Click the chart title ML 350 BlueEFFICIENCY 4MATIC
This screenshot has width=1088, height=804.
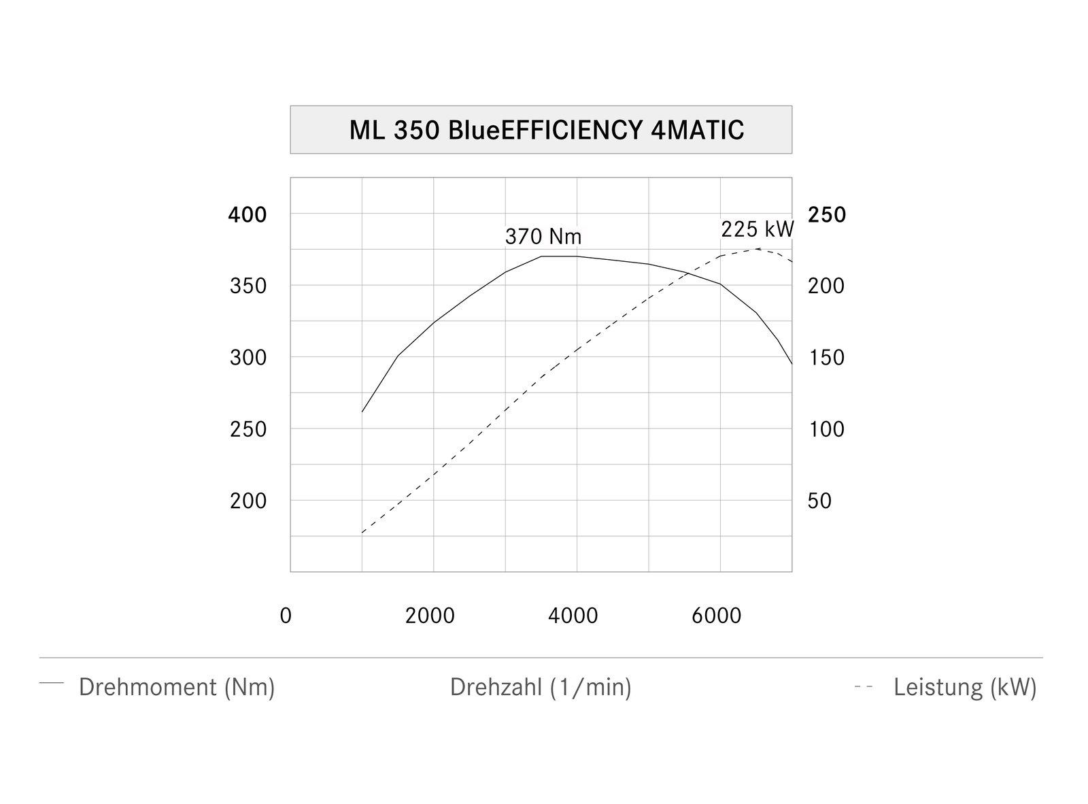tap(546, 129)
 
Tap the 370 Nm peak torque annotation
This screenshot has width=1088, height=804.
tap(543, 237)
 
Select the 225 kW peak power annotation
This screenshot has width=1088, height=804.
tap(758, 229)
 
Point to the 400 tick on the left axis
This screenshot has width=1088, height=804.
tap(248, 215)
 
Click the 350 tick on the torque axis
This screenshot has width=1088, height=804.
tap(248, 286)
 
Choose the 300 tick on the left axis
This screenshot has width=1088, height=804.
tap(248, 357)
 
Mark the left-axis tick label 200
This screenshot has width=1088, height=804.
tap(248, 501)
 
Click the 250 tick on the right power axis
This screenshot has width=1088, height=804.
tap(827, 215)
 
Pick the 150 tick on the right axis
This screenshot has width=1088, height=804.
tap(826, 357)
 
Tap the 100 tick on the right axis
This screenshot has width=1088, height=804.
tap(826, 429)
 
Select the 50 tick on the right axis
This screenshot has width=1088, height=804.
tap(819, 501)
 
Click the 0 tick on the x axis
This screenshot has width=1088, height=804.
tap(286, 616)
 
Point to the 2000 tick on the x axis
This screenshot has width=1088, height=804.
tap(430, 616)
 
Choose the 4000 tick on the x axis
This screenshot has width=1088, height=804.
tap(573, 616)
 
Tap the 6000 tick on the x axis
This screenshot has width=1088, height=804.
tap(717, 616)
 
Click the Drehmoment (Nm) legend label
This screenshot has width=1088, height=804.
tap(177, 687)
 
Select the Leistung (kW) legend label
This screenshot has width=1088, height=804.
tap(965, 687)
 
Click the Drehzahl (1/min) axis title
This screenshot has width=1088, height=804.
tap(541, 687)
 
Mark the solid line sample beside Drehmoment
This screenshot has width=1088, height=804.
tap(52, 682)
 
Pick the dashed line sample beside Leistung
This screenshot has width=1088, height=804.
tap(864, 687)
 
